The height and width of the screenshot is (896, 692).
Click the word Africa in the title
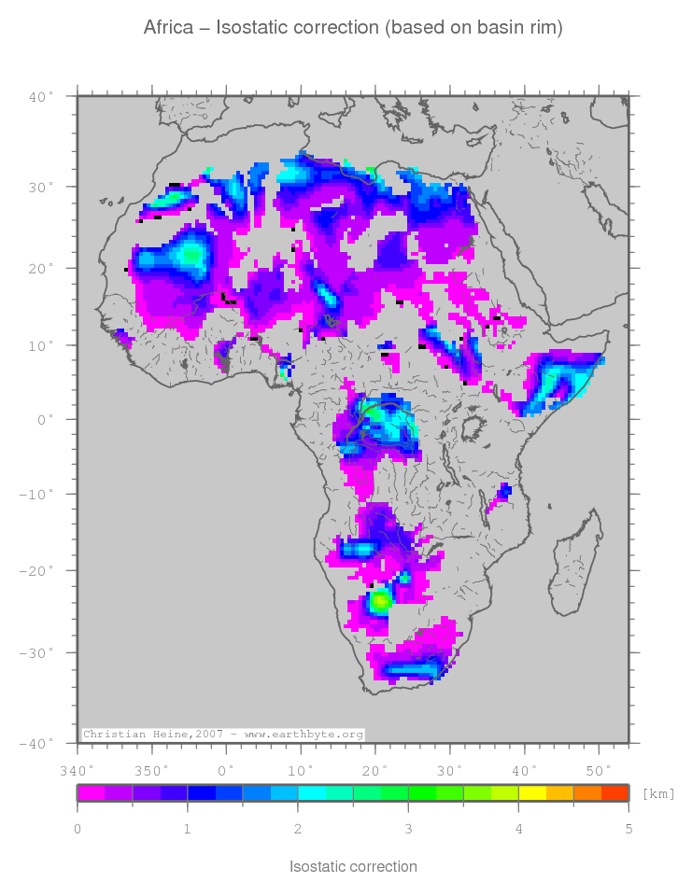click(169, 28)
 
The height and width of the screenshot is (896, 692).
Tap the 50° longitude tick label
click(598, 770)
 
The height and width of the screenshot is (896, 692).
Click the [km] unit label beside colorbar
click(658, 794)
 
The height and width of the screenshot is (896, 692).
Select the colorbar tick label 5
click(628, 828)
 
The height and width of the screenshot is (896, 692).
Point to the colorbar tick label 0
click(78, 828)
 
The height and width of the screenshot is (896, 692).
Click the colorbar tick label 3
click(407, 828)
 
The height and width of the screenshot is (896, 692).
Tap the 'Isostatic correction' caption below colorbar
click(353, 867)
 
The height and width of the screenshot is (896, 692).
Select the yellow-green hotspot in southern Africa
click(380, 600)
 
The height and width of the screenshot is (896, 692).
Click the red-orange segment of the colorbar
click(614, 793)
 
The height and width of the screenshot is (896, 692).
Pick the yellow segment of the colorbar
click(531, 793)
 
